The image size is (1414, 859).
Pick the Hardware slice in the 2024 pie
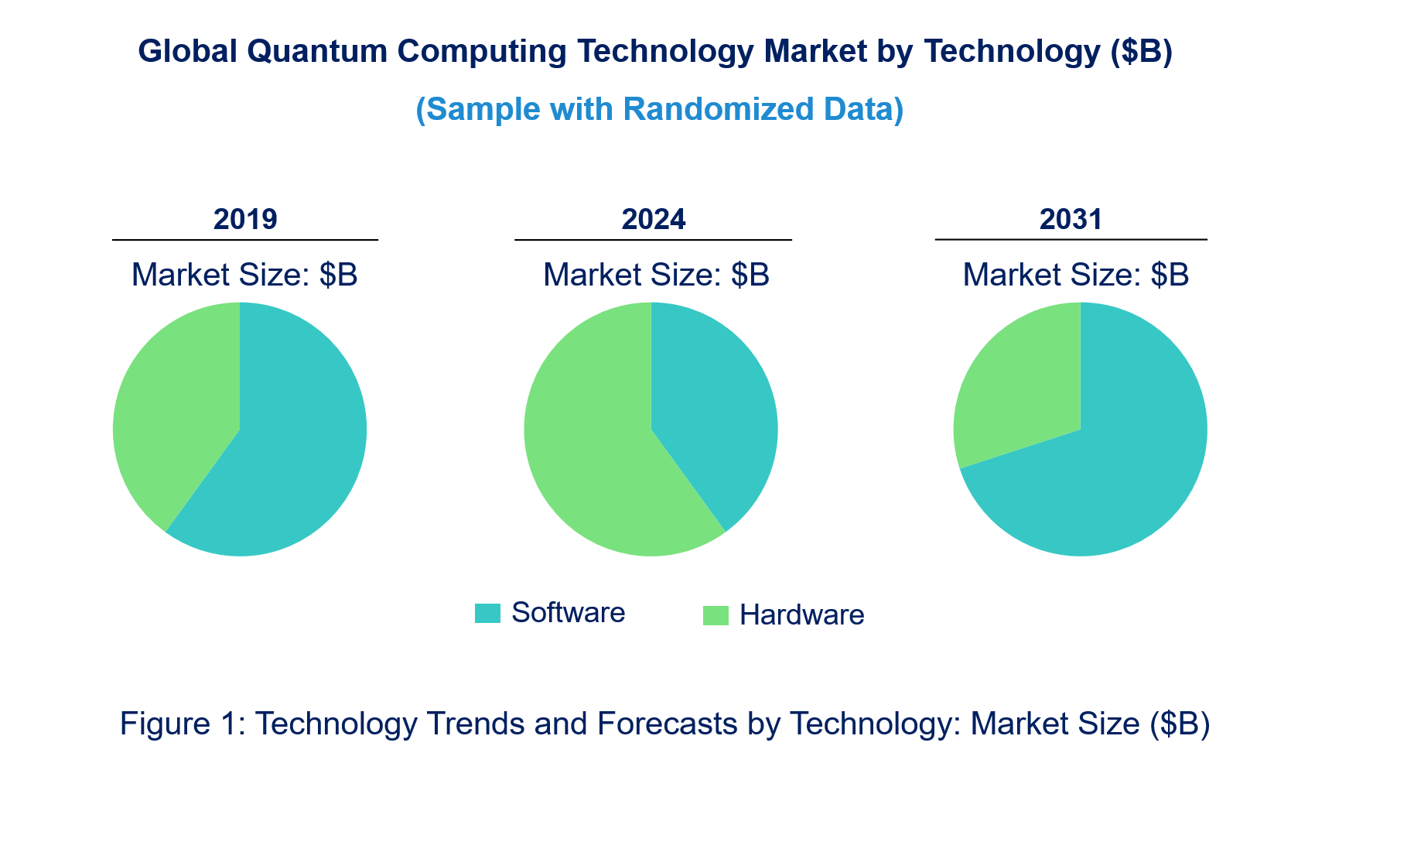pyautogui.click(x=596, y=457)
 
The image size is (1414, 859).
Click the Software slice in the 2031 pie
pyautogui.click(x=1114, y=464)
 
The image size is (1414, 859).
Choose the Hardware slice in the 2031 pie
pyautogui.click(x=1021, y=387)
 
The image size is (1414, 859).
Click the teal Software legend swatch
pyautogui.click(x=487, y=614)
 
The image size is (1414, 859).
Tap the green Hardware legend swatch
pyautogui.click(x=716, y=616)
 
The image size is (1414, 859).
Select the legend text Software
pyautogui.click(x=568, y=613)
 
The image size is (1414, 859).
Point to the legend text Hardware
pyautogui.click(x=801, y=615)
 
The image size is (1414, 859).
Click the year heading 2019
pyautogui.click(x=245, y=220)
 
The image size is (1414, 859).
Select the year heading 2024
pyautogui.click(x=654, y=220)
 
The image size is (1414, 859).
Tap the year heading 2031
pyautogui.click(x=1071, y=220)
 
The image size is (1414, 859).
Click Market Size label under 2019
pyautogui.click(x=244, y=275)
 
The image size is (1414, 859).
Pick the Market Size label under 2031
pyautogui.click(x=1075, y=275)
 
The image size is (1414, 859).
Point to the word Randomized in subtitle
pyautogui.click(x=719, y=110)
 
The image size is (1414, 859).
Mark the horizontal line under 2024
pyautogui.click(x=654, y=240)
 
